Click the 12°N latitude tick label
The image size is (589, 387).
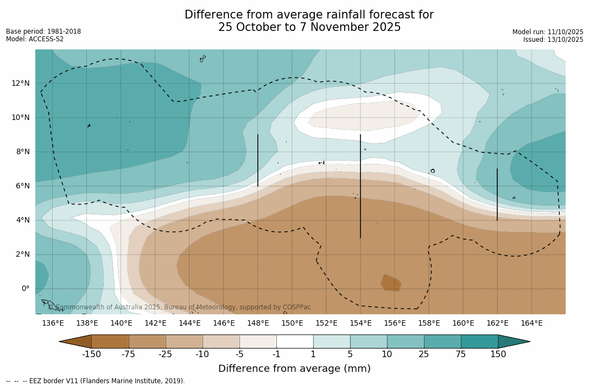coord(20,83)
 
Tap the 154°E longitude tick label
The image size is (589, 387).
coord(360,323)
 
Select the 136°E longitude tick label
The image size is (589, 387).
coord(53,323)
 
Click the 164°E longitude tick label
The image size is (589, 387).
coord(531,323)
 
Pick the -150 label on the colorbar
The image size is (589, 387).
coord(91,354)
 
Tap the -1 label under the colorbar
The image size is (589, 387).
coord(276,354)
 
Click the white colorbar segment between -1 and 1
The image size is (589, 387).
coord(295,341)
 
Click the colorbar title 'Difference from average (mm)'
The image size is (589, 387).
coord(294,369)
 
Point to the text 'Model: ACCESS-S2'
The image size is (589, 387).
coord(35,39)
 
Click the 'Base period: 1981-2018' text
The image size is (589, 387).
coord(43,31)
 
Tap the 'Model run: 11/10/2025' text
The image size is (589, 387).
coord(548,32)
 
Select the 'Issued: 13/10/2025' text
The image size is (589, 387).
coord(553,40)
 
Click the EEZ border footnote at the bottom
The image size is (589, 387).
coord(96,381)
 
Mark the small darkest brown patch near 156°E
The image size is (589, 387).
coord(391,283)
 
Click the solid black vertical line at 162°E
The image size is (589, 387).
coord(497,194)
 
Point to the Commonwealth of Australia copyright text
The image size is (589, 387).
coord(180,307)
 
